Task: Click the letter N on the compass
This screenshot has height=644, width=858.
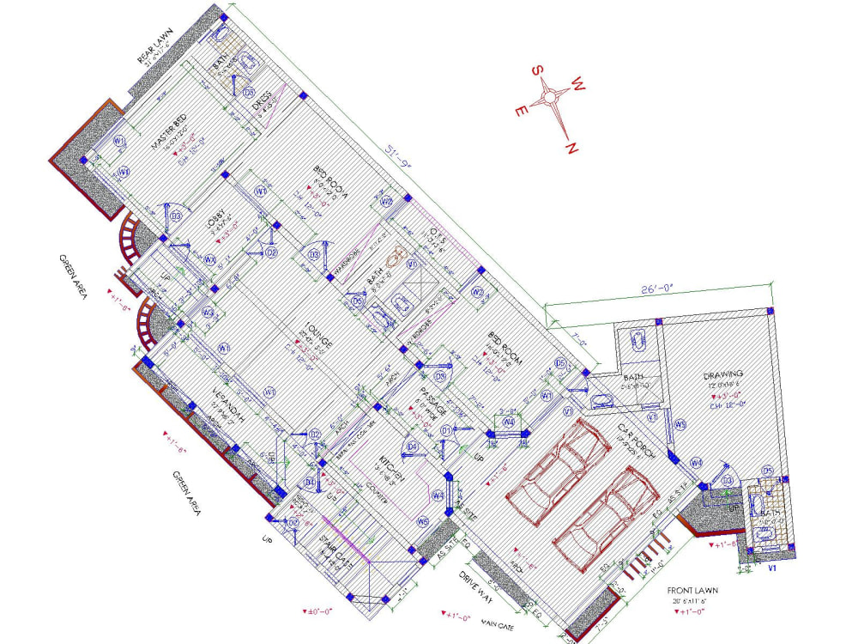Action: point(569,148)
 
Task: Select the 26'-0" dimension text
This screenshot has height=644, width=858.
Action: point(659,291)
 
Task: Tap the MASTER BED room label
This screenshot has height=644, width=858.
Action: point(169,133)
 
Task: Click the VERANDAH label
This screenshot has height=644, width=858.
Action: point(227,407)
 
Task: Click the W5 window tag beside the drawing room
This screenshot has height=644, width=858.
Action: point(680,424)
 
